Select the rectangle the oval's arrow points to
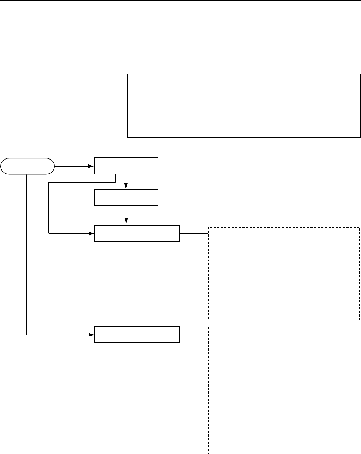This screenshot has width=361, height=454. (126, 166)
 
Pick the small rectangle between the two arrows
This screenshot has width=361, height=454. (126, 198)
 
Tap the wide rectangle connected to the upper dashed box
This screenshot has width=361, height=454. (137, 233)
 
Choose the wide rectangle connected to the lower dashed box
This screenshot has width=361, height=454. (137, 334)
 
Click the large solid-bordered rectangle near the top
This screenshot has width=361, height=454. (244, 106)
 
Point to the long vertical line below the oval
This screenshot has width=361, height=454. (27, 254)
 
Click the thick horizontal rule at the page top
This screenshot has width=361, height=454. (180, 1)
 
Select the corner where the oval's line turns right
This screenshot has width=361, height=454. (27, 334)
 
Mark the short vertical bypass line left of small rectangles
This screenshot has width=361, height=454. (48, 208)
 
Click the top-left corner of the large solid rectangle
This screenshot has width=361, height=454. (128, 75)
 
